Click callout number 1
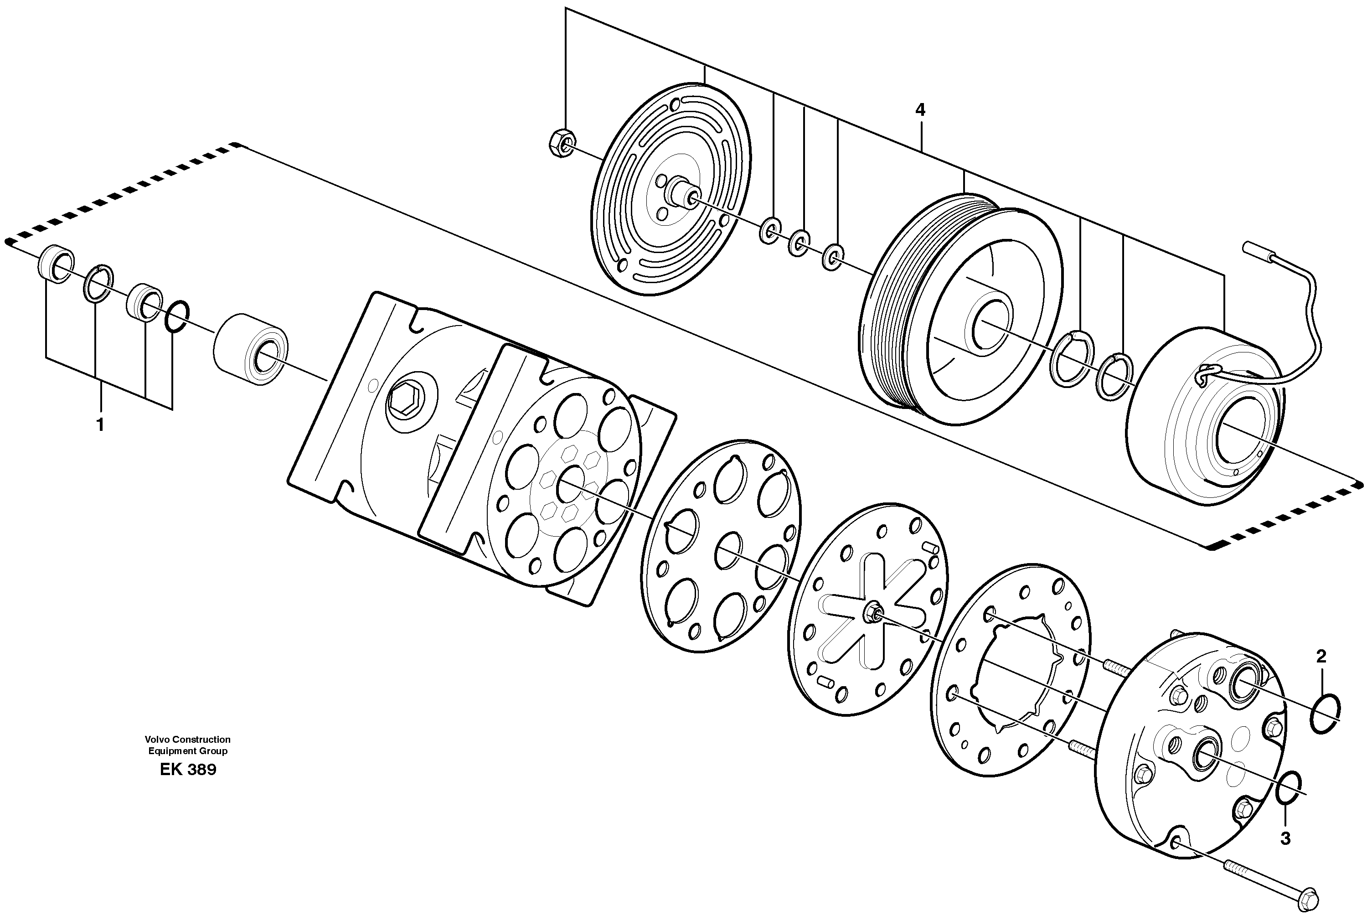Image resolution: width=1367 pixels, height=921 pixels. coord(100,424)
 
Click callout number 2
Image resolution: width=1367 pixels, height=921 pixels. coord(1321,657)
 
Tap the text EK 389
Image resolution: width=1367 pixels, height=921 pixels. coord(188,770)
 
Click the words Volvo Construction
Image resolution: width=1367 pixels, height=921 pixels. coord(188,740)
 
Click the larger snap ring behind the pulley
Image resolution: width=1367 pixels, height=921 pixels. coord(1072,359)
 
